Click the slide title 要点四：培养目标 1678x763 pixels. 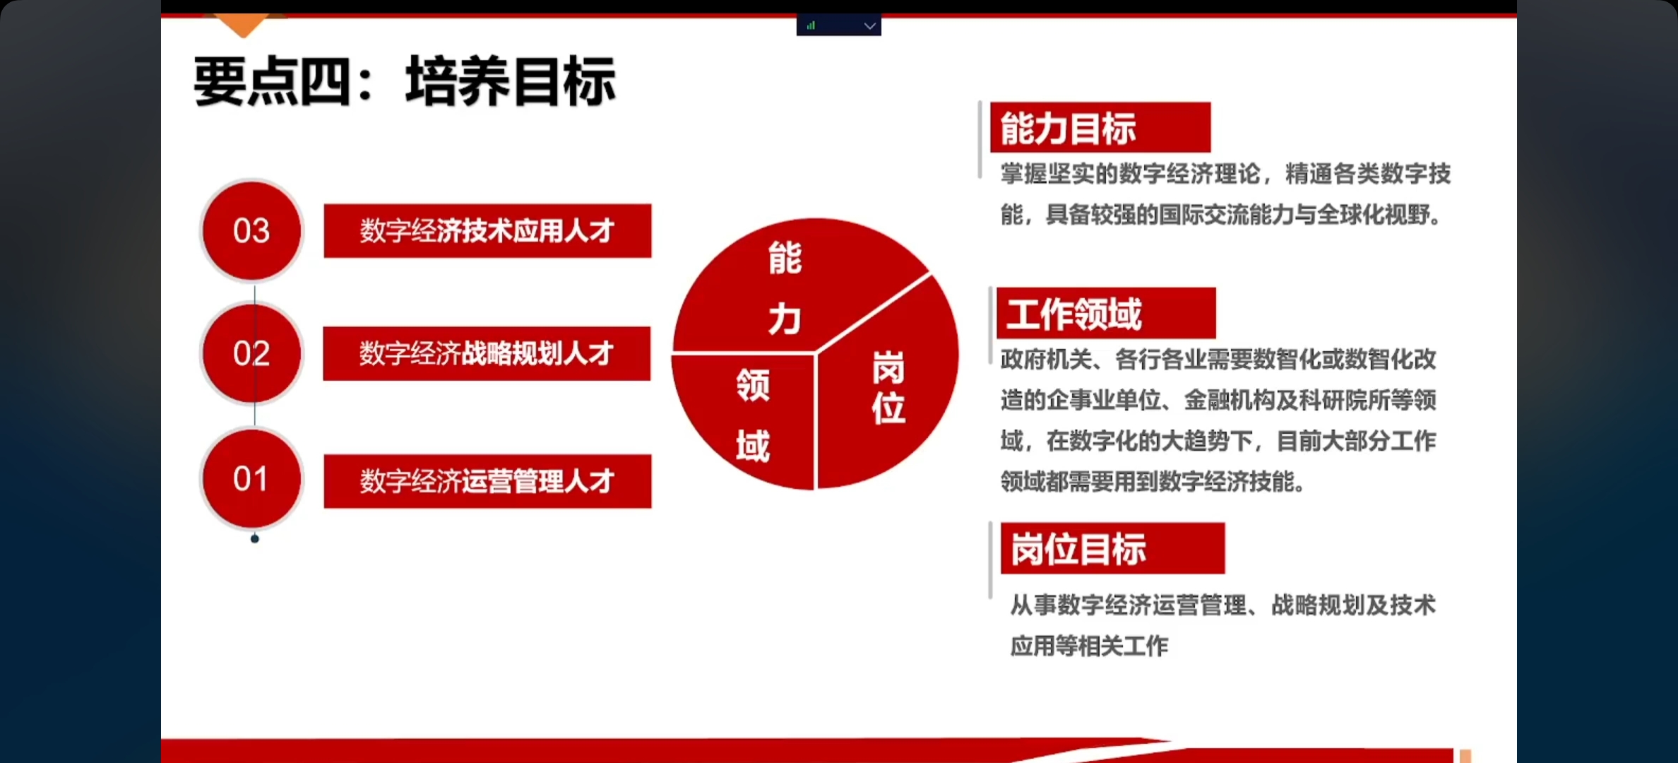click(x=405, y=82)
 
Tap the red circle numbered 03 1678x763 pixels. click(x=251, y=231)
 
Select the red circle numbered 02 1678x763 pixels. click(x=251, y=353)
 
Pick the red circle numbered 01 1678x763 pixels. click(x=251, y=479)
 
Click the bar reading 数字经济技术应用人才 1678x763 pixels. click(x=487, y=231)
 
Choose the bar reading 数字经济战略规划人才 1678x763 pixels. click(x=487, y=353)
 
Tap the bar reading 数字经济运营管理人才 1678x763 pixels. click(x=487, y=481)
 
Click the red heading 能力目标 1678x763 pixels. click(x=1100, y=127)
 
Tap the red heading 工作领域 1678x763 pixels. click(x=1106, y=313)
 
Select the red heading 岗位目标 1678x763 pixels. click(x=1113, y=548)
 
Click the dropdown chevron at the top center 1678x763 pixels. click(x=870, y=26)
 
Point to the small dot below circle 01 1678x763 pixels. click(x=255, y=539)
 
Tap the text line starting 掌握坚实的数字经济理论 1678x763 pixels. click(x=1225, y=174)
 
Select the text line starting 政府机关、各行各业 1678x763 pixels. click(x=1218, y=360)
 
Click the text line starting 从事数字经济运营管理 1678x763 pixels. click(x=1222, y=605)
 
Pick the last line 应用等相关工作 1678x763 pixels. click(x=1089, y=646)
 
